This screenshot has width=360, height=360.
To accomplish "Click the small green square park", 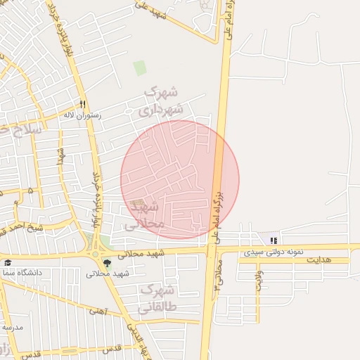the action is (x=140, y=68).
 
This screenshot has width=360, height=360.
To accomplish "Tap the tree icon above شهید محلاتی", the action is (x=107, y=264).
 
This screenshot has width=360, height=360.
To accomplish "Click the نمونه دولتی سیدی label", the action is (x=275, y=251).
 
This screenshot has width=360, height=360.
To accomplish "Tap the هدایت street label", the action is (x=316, y=260).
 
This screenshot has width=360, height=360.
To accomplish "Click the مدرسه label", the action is (x=12, y=328).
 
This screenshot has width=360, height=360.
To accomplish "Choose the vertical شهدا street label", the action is (x=61, y=158).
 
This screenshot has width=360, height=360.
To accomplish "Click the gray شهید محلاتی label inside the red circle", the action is (x=146, y=215).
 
